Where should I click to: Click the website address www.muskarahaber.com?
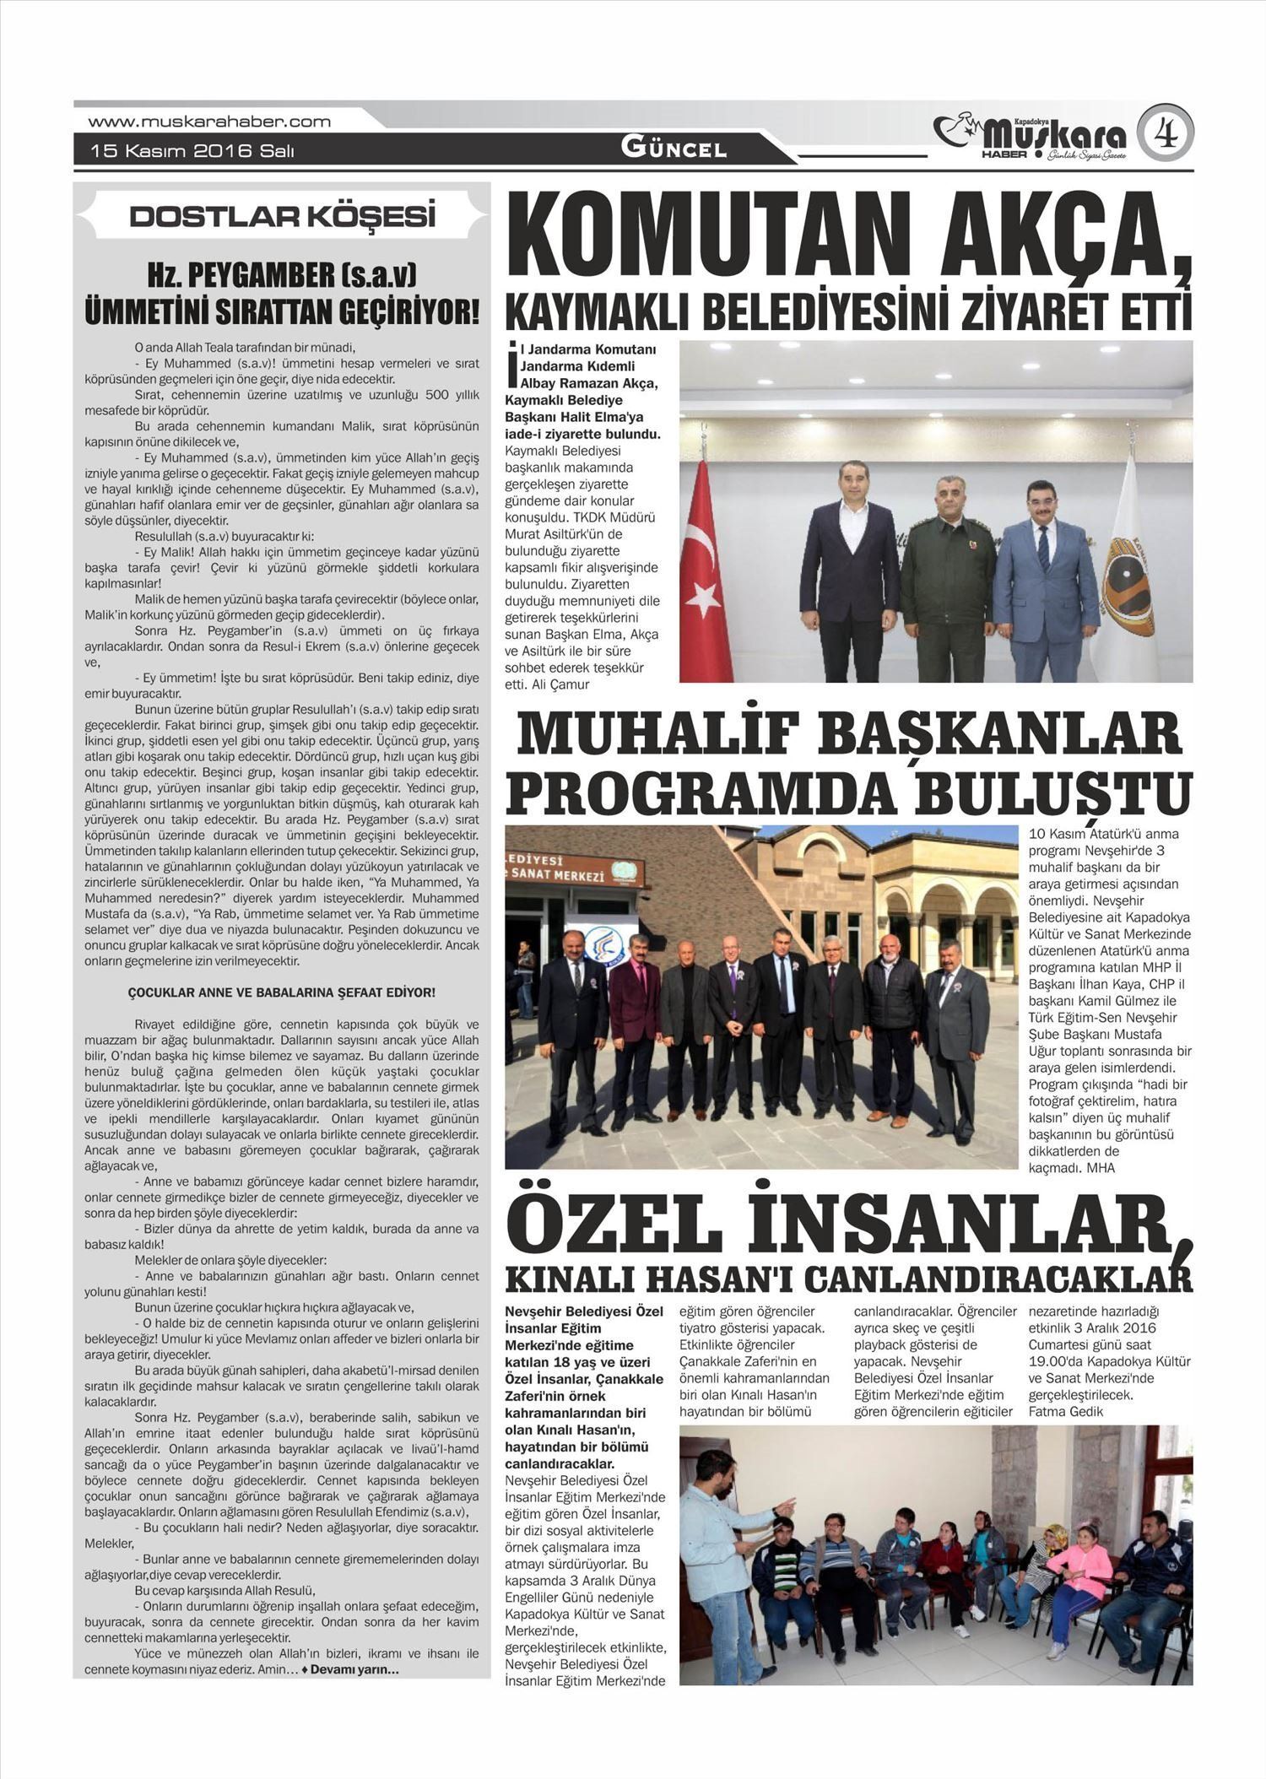[x=209, y=122]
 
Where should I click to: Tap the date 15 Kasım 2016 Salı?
[x=192, y=152]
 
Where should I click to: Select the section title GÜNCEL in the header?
[x=674, y=149]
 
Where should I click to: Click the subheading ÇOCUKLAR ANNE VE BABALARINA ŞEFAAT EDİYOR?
[x=281, y=992]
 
